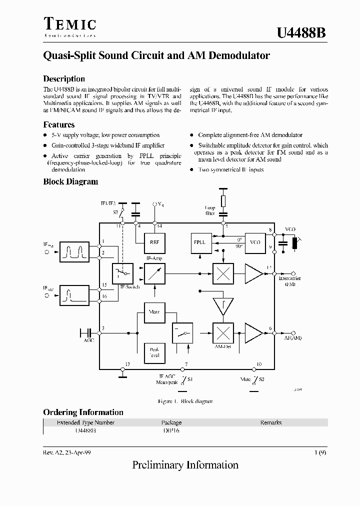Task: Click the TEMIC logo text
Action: [69, 24]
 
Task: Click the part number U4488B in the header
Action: [301, 33]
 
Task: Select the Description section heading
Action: [64, 79]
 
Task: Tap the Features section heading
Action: [59, 125]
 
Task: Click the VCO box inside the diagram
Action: [255, 242]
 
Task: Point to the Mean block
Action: [154, 312]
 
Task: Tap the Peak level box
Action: [154, 351]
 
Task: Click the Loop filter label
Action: [210, 210]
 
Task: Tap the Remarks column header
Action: [271, 422]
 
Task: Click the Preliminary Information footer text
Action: [185, 465]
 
